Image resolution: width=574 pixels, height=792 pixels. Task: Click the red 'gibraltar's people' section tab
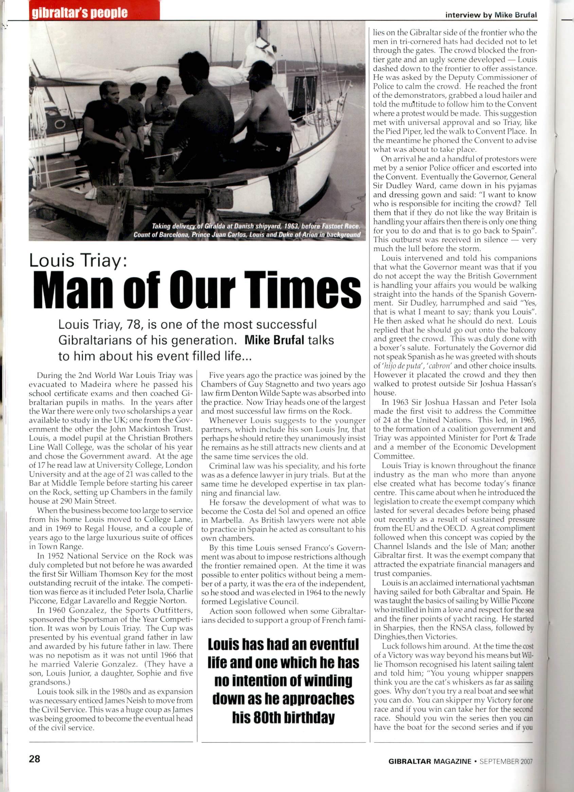coord(80,13)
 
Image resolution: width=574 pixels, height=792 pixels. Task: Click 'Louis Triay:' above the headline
coord(78,261)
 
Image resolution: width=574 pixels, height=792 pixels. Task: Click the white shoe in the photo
coord(91,193)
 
